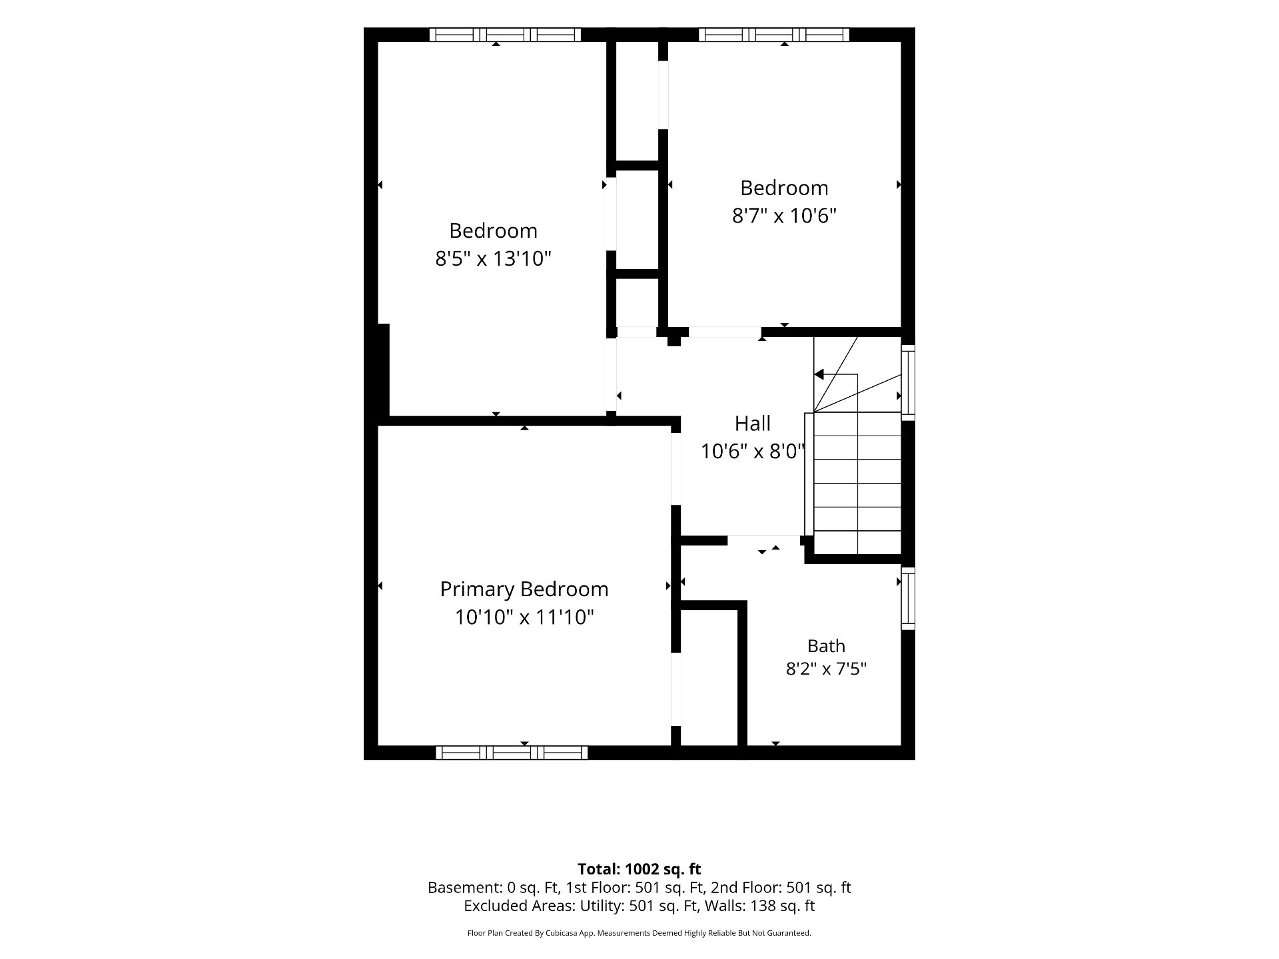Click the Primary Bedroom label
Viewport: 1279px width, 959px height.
(524, 589)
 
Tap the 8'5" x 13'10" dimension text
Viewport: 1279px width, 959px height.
(494, 258)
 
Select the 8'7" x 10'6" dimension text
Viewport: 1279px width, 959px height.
(784, 216)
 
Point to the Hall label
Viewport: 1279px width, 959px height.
(753, 424)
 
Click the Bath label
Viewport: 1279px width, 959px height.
(826, 646)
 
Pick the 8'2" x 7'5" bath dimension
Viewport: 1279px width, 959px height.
(826, 669)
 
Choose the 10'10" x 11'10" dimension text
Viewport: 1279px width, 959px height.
(524, 617)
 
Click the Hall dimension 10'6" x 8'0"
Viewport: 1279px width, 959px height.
(753, 452)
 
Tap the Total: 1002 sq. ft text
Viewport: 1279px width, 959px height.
(639, 869)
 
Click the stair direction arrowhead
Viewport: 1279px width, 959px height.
(819, 374)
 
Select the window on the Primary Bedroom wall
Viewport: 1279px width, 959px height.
(512, 753)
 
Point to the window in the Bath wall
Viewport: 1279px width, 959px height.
(908, 598)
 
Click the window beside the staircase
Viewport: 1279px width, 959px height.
(908, 382)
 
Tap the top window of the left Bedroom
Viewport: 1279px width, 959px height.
(505, 35)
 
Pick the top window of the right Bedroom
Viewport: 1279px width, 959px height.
(774, 35)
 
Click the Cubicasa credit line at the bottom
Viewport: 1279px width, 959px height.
(639, 933)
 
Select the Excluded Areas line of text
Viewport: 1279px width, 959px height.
(639, 906)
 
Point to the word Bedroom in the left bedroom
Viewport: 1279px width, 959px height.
(493, 230)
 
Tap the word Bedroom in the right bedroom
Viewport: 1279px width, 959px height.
(784, 188)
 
